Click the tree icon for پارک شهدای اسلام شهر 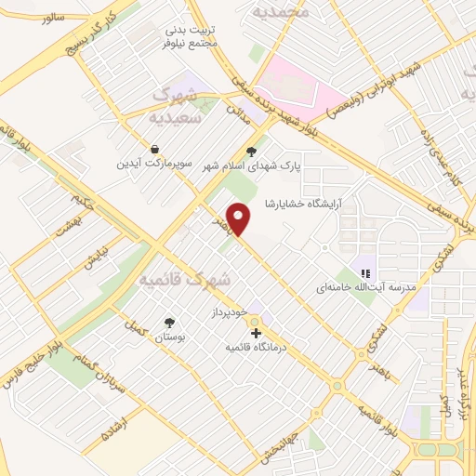pyautogui.click(x=249, y=150)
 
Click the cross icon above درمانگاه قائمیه pyautogui.click(x=255, y=332)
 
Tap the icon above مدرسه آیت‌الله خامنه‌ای pyautogui.click(x=366, y=273)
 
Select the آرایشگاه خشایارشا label pyautogui.click(x=304, y=204)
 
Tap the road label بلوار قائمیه pyautogui.click(x=383, y=418)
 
